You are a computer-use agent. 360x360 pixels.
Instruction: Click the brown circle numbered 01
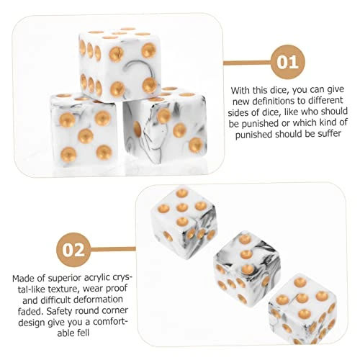pos(287,62)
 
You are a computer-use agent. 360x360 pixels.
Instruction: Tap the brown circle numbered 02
pos(73,250)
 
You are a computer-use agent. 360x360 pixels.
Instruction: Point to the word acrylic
pos(99,278)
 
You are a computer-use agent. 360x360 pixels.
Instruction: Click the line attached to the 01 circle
pos(247,63)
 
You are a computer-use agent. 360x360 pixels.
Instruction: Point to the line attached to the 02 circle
pos(113,249)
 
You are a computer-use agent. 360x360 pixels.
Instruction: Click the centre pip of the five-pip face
pos(86,135)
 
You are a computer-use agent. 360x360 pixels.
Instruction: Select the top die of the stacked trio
pos(120,65)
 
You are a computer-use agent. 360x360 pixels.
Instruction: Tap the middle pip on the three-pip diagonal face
pos(179,130)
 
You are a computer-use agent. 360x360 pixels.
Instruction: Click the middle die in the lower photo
pos(247,267)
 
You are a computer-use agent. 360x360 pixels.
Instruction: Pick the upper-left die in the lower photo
pos(184,223)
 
